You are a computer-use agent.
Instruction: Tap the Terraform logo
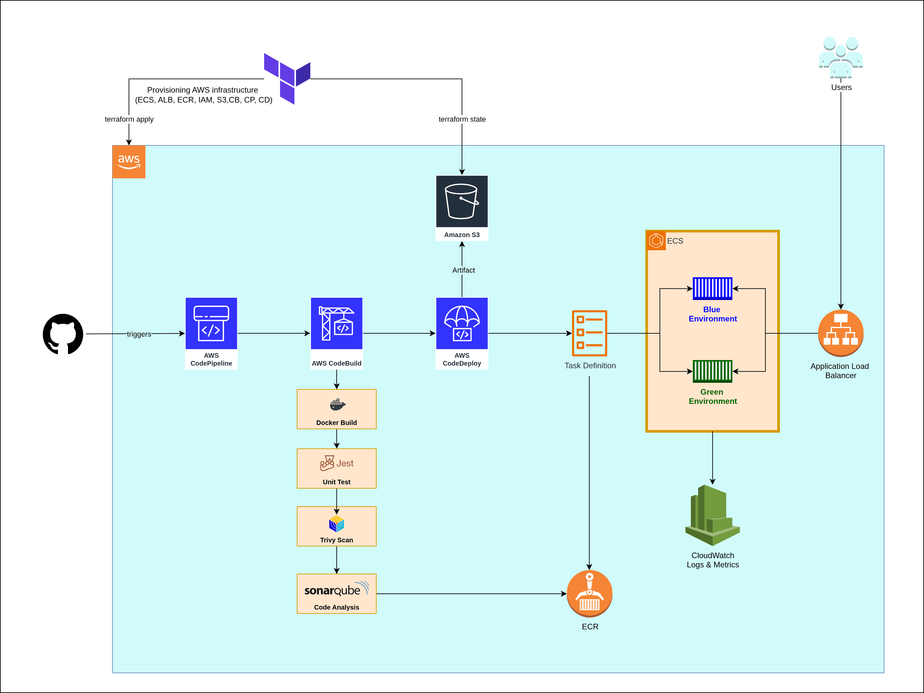[288, 78]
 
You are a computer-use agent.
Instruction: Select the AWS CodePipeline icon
[211, 323]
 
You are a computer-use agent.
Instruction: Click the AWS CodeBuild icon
[337, 323]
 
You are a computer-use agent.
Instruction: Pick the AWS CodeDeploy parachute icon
[462, 323]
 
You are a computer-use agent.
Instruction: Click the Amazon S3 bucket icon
[462, 201]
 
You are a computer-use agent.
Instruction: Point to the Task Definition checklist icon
[589, 333]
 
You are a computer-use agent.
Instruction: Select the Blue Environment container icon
[713, 288]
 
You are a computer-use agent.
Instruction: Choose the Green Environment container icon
[713, 371]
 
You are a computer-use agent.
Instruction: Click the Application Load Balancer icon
[841, 333]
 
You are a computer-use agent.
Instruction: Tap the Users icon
[841, 57]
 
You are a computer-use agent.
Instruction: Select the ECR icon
[589, 593]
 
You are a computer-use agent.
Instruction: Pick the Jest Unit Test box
[337, 468]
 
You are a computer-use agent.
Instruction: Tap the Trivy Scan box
[337, 526]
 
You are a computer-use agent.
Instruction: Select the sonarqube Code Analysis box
[337, 593]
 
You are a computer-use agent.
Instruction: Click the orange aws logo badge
[129, 162]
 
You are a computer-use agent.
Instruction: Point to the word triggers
[139, 334]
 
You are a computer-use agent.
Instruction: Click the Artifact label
[463, 270]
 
